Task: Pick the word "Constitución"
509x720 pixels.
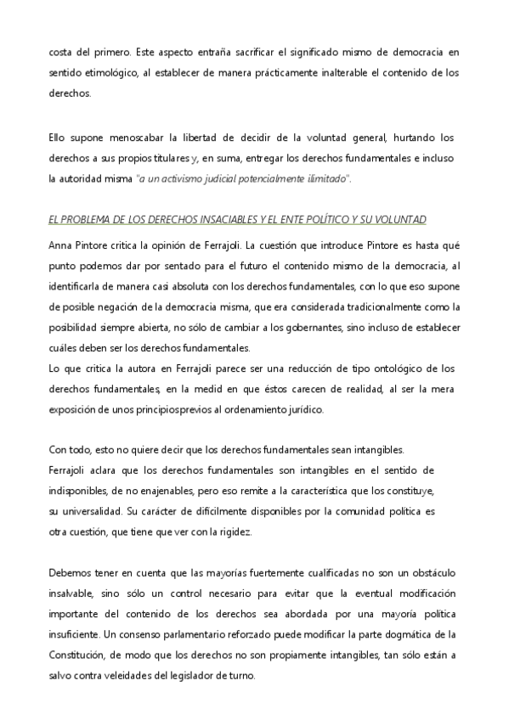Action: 81,655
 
